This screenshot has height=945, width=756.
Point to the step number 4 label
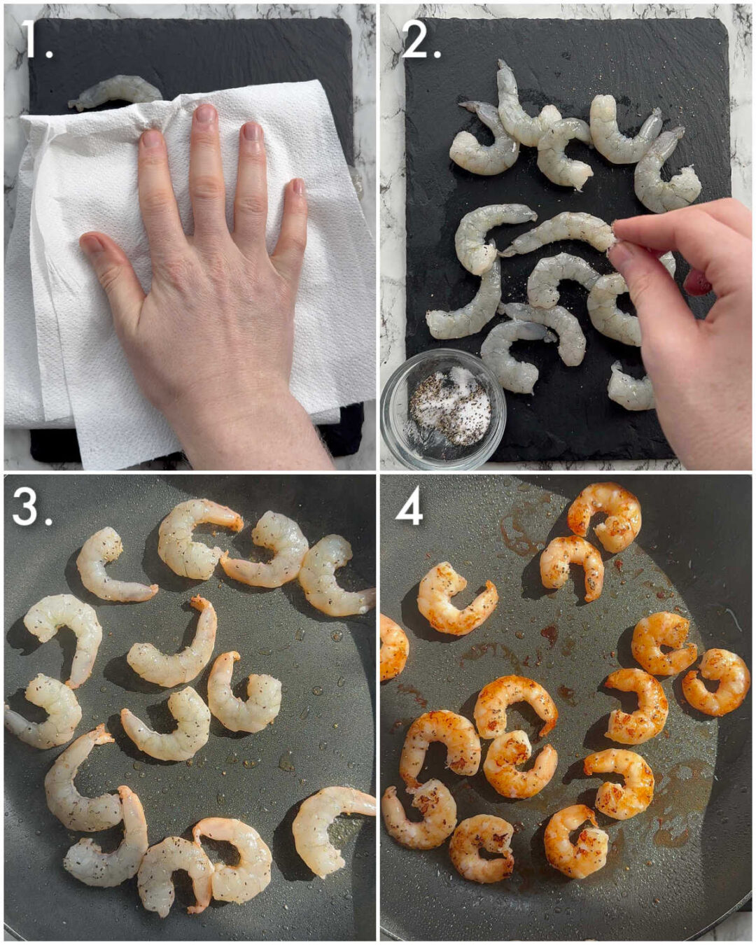click(409, 507)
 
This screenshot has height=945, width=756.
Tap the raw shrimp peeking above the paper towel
click(115, 92)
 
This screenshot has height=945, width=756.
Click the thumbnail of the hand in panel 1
click(92, 244)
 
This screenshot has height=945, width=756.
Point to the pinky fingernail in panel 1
click(298, 187)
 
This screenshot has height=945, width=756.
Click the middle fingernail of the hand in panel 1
click(206, 114)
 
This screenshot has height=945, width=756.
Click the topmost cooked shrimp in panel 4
click(606, 515)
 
